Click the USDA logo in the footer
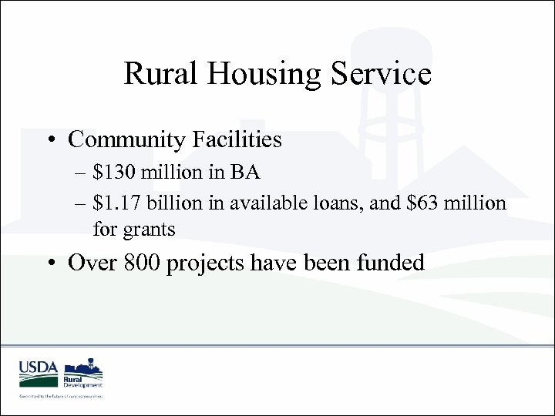38,371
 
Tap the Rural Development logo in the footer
82,372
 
